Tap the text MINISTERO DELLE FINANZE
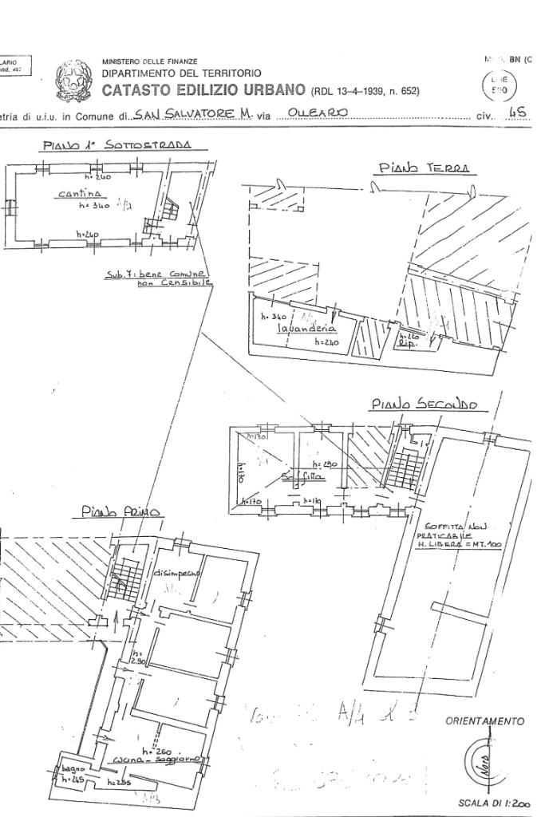pyautogui.click(x=150, y=61)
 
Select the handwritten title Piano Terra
pyautogui.click(x=423, y=168)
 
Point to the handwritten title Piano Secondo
pyautogui.click(x=423, y=405)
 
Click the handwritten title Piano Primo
pyautogui.click(x=122, y=511)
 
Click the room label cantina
pyautogui.click(x=77, y=194)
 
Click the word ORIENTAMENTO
pyautogui.click(x=484, y=721)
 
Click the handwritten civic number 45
pyautogui.click(x=517, y=113)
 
